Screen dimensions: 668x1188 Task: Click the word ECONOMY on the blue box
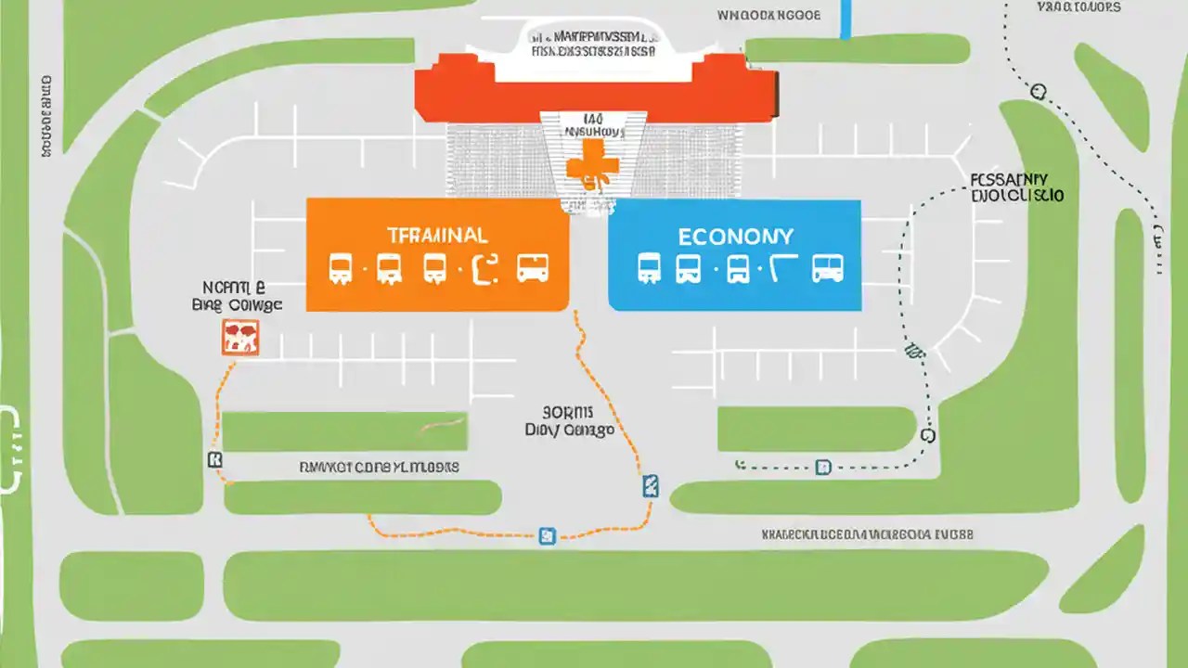pyautogui.click(x=735, y=236)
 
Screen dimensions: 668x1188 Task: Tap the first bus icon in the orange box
pyautogui.click(x=341, y=268)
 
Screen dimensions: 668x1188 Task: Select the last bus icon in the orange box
pyautogui.click(x=532, y=268)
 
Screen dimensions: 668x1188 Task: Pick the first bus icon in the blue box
pyautogui.click(x=650, y=268)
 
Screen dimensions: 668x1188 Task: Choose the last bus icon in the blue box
pyautogui.click(x=828, y=268)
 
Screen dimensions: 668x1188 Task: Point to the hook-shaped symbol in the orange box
pyautogui.click(x=485, y=268)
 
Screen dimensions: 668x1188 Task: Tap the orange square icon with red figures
pyautogui.click(x=240, y=338)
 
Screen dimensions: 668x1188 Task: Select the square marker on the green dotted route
pyautogui.click(x=822, y=467)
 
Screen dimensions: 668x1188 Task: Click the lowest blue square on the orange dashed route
pyautogui.click(x=547, y=535)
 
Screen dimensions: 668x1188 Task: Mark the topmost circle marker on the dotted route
pyautogui.click(x=1038, y=91)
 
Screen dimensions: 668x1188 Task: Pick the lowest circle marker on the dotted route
pyautogui.click(x=926, y=434)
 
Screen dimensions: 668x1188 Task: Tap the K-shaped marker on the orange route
pyautogui.click(x=215, y=459)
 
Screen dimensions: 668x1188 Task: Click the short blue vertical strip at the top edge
pyautogui.click(x=845, y=19)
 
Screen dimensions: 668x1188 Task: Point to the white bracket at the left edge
pyautogui.click(x=11, y=449)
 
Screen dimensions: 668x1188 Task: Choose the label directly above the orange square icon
pyautogui.click(x=236, y=296)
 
